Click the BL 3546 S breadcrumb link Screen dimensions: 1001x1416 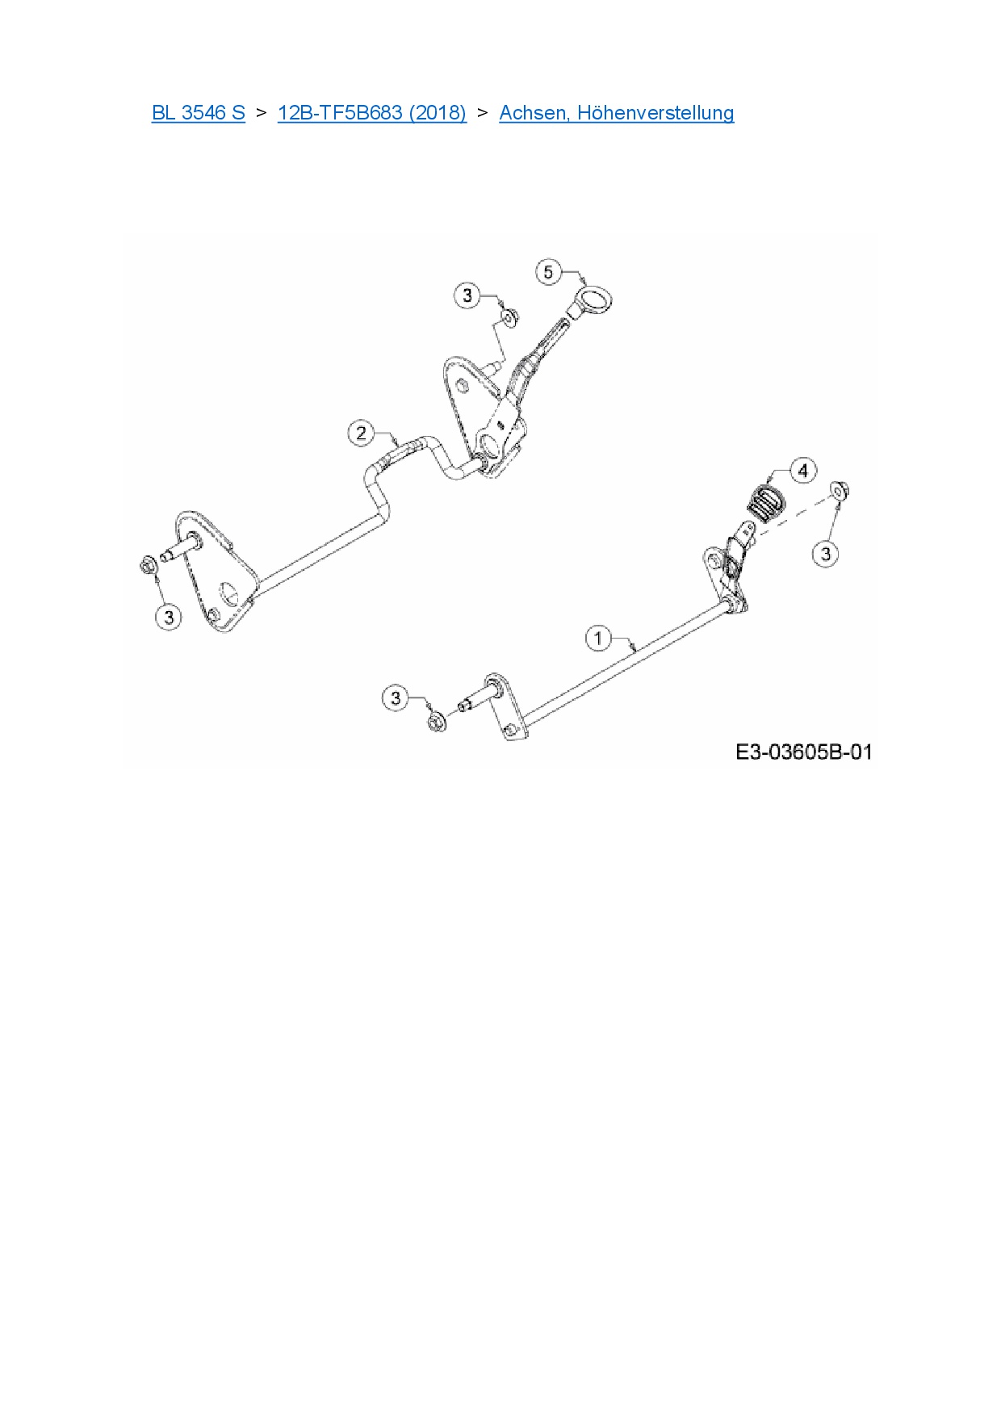pyautogui.click(x=198, y=112)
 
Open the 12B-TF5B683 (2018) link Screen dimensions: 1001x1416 pyautogui.click(x=371, y=112)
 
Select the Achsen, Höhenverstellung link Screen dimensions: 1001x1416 pyautogui.click(x=616, y=112)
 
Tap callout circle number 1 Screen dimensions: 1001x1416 pyautogui.click(x=598, y=639)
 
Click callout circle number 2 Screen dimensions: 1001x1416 pyautogui.click(x=361, y=433)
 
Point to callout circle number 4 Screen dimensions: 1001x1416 pyautogui.click(x=802, y=470)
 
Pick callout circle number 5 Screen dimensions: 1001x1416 pyautogui.click(x=549, y=271)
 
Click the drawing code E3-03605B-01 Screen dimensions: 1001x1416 pyautogui.click(x=803, y=752)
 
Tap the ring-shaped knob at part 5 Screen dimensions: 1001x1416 pyautogui.click(x=596, y=298)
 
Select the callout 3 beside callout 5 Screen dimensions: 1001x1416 pyautogui.click(x=467, y=295)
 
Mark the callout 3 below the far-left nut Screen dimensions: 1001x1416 pyautogui.click(x=169, y=618)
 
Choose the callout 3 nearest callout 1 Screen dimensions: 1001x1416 pyautogui.click(x=395, y=698)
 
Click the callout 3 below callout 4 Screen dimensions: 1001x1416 pyautogui.click(x=825, y=554)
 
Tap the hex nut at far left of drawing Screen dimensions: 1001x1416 pyautogui.click(x=148, y=565)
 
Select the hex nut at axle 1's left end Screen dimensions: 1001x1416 pyautogui.click(x=436, y=722)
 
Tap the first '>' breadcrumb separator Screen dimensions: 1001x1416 pyautogui.click(x=261, y=112)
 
